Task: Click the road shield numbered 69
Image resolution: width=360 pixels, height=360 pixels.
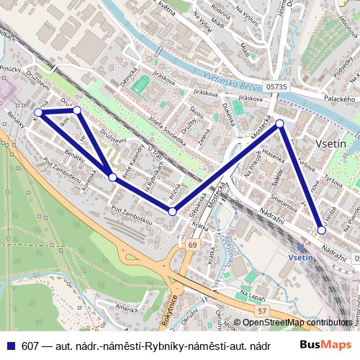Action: coord(192,246)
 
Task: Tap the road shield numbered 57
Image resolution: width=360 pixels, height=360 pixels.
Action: coord(262,311)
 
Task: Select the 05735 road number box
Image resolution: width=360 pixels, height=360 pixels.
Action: coord(276,86)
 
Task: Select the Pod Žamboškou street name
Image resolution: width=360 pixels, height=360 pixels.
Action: coord(132,209)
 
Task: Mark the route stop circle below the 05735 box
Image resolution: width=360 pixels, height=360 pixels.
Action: coord(280,125)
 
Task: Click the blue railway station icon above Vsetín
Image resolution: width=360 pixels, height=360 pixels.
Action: coord(300,246)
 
